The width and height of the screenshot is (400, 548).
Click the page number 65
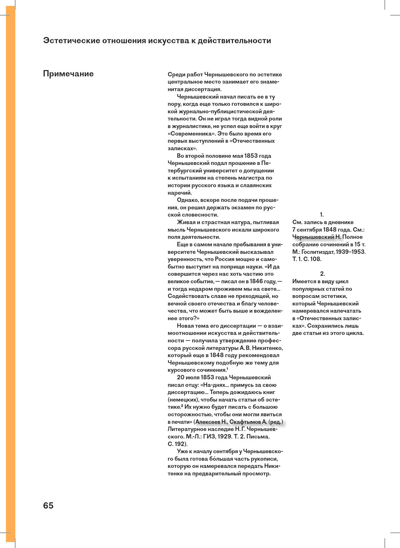[x=48, y=505]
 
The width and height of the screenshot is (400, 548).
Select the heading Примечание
[x=68, y=74]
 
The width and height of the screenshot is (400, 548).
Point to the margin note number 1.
[x=322, y=215]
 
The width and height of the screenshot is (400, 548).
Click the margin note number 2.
[x=322, y=274]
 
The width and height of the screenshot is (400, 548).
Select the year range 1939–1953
[x=351, y=252]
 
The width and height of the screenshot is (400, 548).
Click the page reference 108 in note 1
[x=316, y=259]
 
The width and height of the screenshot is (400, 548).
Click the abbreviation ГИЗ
[x=209, y=437]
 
